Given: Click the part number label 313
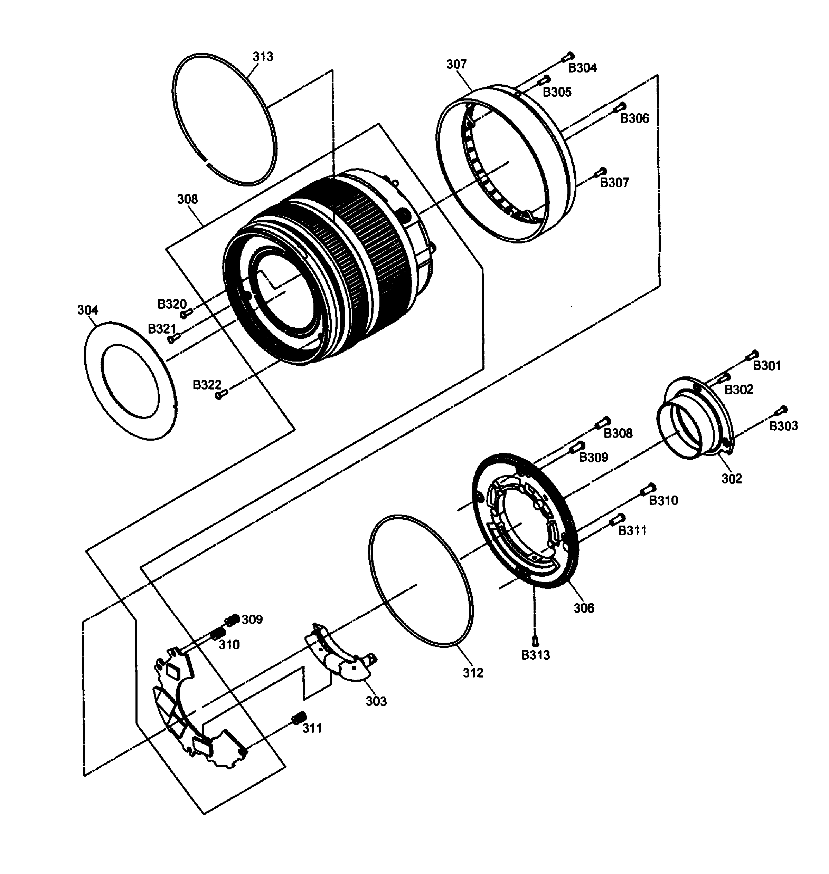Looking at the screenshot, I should (263, 57).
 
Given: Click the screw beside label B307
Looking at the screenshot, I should (601, 171).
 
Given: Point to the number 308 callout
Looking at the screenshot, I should (187, 199).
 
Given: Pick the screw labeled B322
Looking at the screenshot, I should (222, 394).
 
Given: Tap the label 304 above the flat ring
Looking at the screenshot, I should (87, 310).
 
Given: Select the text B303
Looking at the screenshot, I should (783, 426).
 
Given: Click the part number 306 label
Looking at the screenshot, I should (584, 608).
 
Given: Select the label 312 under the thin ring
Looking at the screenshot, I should (473, 673).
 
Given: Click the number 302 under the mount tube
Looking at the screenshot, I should (732, 478).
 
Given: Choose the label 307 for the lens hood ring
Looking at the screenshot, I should (456, 65).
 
